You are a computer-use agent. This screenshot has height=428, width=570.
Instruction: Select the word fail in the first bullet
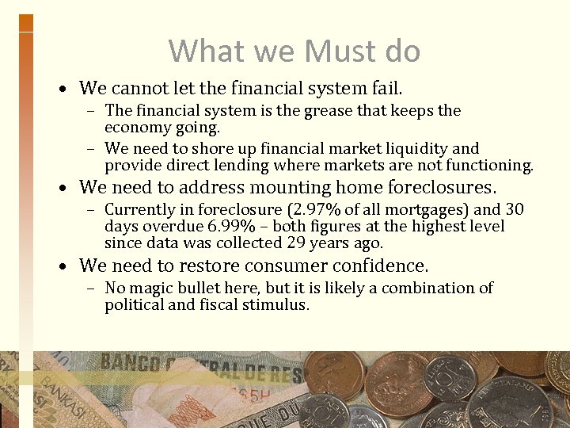point(386,87)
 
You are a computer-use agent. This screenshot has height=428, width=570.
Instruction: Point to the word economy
point(135,128)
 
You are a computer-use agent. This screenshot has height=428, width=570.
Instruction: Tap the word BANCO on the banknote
point(130,365)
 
